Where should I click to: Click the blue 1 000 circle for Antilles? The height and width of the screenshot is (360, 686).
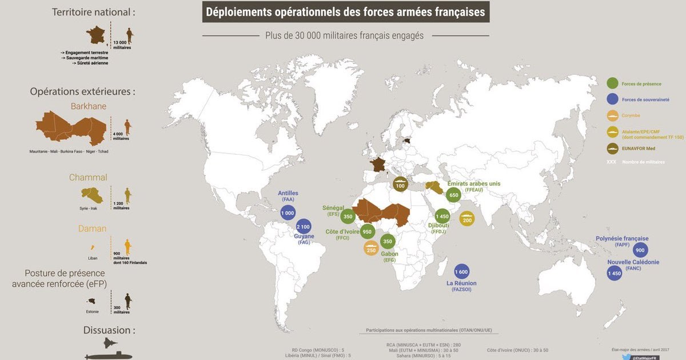288,213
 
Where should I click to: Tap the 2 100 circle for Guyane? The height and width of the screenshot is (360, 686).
304,227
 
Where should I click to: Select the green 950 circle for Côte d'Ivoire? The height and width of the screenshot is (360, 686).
368,232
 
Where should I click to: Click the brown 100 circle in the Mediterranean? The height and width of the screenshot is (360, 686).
400,185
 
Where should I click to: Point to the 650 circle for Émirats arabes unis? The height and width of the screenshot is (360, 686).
454,195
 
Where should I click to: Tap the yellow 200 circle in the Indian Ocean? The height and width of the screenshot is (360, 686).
467,219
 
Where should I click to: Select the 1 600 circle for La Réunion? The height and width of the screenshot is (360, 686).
462,272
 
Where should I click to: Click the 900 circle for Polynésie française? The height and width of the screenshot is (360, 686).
640,250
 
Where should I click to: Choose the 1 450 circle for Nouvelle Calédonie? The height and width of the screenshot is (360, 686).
614,274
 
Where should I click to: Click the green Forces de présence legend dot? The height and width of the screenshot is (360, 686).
613,84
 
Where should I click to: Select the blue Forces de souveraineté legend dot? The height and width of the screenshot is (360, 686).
613,99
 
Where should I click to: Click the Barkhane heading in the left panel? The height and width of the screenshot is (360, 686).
89,106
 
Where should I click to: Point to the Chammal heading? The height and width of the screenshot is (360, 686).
88,178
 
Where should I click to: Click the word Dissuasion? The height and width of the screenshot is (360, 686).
109,330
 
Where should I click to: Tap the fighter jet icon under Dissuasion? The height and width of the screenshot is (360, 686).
109,344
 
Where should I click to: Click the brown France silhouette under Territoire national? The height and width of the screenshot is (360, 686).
97,35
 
